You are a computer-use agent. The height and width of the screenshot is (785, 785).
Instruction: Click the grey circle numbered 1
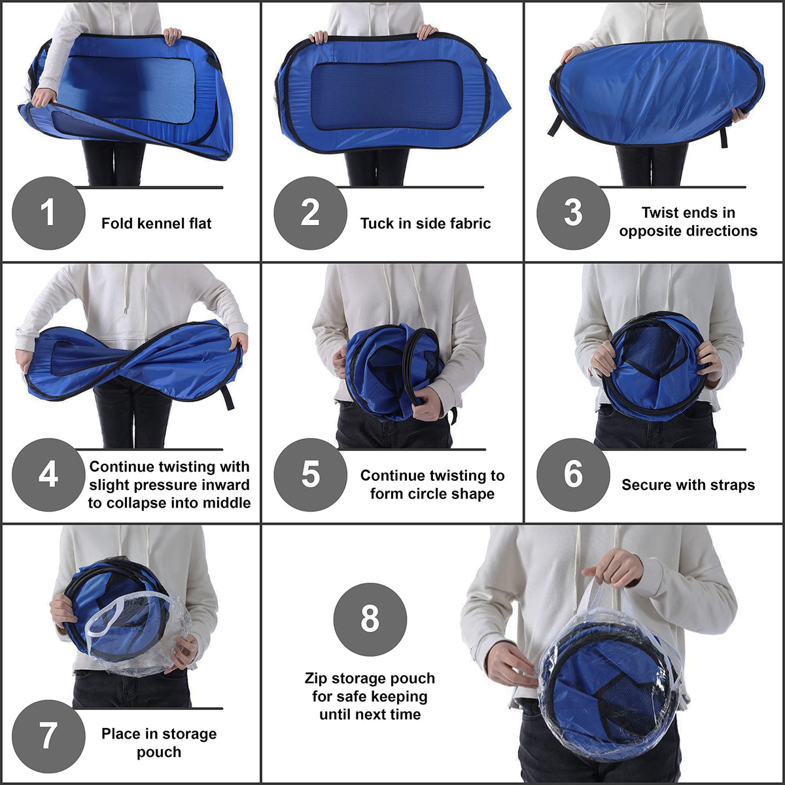pos(48,213)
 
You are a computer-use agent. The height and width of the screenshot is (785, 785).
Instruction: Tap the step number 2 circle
pos(311,213)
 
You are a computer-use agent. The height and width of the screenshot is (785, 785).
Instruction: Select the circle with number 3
pos(573,213)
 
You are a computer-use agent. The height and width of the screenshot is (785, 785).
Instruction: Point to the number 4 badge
pos(48,474)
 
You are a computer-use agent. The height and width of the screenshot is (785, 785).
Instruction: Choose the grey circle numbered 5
pos(311,474)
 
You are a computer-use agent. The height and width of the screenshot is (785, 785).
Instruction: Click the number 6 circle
pos(573,474)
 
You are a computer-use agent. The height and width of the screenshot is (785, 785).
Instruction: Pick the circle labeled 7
pos(48,737)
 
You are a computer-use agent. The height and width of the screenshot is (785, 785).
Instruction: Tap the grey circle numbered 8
pos(370,619)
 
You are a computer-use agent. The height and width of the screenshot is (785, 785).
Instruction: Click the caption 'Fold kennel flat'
pos(156,223)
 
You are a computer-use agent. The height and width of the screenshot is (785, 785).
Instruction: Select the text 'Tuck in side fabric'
pos(425,223)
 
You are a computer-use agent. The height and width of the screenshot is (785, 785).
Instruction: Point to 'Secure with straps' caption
pos(688,485)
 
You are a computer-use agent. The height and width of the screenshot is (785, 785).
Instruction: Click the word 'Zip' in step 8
pos(316,678)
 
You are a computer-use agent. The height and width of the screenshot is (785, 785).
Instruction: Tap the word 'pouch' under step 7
pos(159,752)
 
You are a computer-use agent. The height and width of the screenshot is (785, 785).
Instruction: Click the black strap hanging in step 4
pos(227,398)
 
